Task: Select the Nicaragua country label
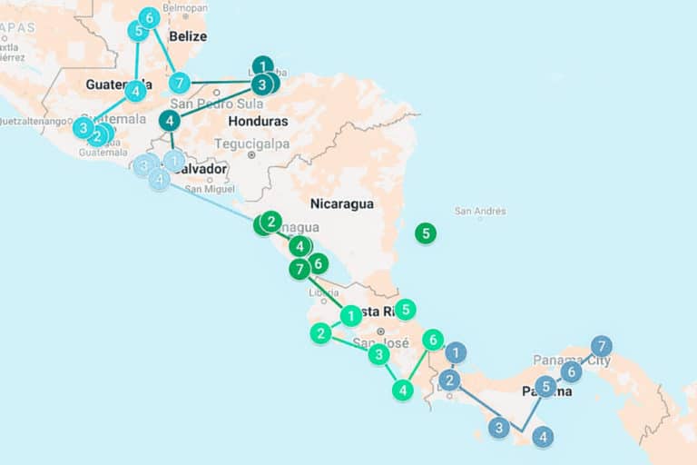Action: [x=342, y=203]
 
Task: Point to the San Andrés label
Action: [x=480, y=212]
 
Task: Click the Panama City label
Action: [x=572, y=361]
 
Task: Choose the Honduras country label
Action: [x=258, y=121]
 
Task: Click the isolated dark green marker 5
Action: [x=425, y=233]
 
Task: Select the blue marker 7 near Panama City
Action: [x=601, y=346]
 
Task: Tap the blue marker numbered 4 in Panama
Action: [x=543, y=438]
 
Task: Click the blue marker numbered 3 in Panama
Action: [x=499, y=427]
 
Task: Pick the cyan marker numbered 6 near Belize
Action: [x=149, y=17]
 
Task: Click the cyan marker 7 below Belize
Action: [x=180, y=83]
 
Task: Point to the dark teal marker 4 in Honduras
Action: [x=170, y=120]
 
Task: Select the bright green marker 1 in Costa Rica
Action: [x=351, y=316]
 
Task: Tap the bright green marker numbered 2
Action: [x=320, y=333]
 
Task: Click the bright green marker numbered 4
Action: [x=403, y=390]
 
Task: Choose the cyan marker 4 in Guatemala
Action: [x=135, y=91]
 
